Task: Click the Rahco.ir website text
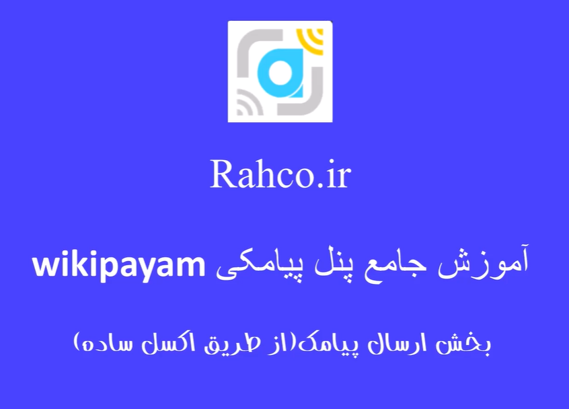click(280, 174)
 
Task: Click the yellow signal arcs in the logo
click(311, 40)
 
